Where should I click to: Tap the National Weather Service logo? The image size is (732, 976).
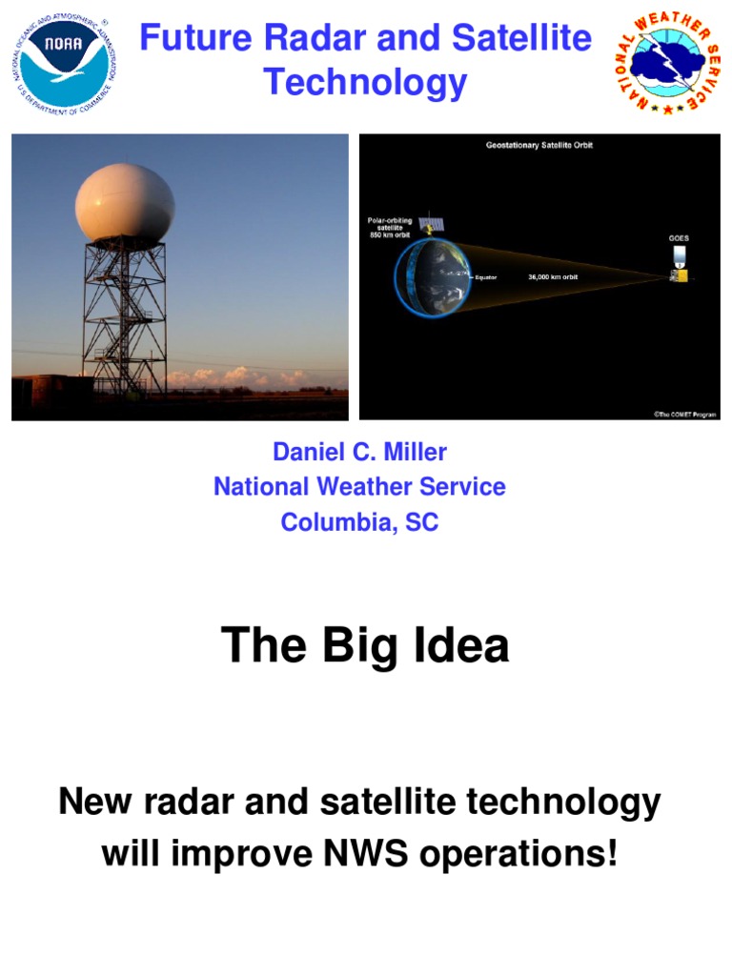666,63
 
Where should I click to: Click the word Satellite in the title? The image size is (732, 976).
521,39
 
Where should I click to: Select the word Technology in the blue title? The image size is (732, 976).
365,83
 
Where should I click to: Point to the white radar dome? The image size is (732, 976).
125,203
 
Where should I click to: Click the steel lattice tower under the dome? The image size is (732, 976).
125,315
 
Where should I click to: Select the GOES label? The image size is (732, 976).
679,237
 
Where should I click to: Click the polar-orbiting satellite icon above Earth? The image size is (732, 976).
432,225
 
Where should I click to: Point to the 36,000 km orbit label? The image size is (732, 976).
553,277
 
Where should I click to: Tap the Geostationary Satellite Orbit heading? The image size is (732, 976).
539,146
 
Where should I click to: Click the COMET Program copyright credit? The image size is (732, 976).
684,414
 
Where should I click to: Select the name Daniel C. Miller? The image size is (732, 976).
359,452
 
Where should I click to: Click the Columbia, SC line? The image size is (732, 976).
359,522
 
